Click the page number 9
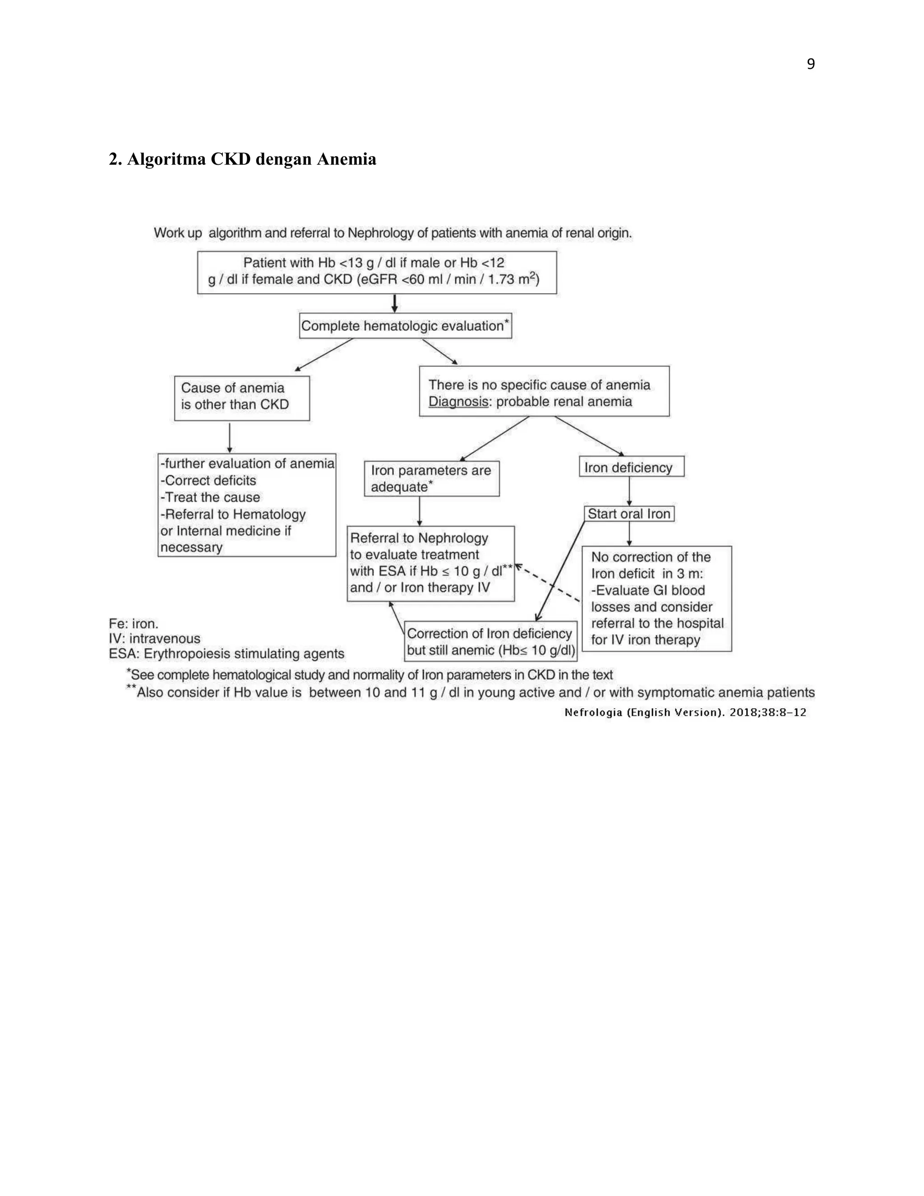click(x=810, y=64)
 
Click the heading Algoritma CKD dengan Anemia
click(x=242, y=159)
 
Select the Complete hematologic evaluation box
click(x=405, y=326)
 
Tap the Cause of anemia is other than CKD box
click(x=241, y=398)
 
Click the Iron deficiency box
click(x=631, y=467)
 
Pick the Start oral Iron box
click(x=628, y=514)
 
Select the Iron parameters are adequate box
click(x=431, y=478)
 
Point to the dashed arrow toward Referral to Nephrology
click(x=549, y=583)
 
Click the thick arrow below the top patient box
click(x=395, y=303)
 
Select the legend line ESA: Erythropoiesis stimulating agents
click(x=226, y=654)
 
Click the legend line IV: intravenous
click(x=154, y=639)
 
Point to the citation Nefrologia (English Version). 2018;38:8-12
click(x=685, y=713)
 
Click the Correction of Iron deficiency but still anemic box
click(x=490, y=641)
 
